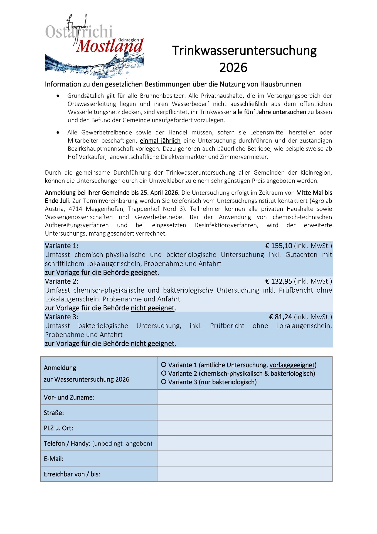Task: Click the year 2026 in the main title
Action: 233,68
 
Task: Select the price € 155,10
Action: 279,246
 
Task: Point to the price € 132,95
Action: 279,281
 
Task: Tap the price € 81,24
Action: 280,317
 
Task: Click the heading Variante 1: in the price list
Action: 61,246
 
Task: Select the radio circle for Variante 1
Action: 164,365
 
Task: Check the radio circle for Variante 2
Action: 164,373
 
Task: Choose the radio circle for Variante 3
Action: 164,382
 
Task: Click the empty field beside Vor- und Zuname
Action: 244,397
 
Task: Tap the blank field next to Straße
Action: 244,412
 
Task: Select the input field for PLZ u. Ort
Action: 244,428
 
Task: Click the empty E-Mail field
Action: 244,459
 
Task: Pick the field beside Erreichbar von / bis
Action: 244,474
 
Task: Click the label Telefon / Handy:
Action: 67,443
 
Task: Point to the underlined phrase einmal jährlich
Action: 160,141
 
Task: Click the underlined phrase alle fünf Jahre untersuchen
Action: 270,112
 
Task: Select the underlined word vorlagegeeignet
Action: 292,365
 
